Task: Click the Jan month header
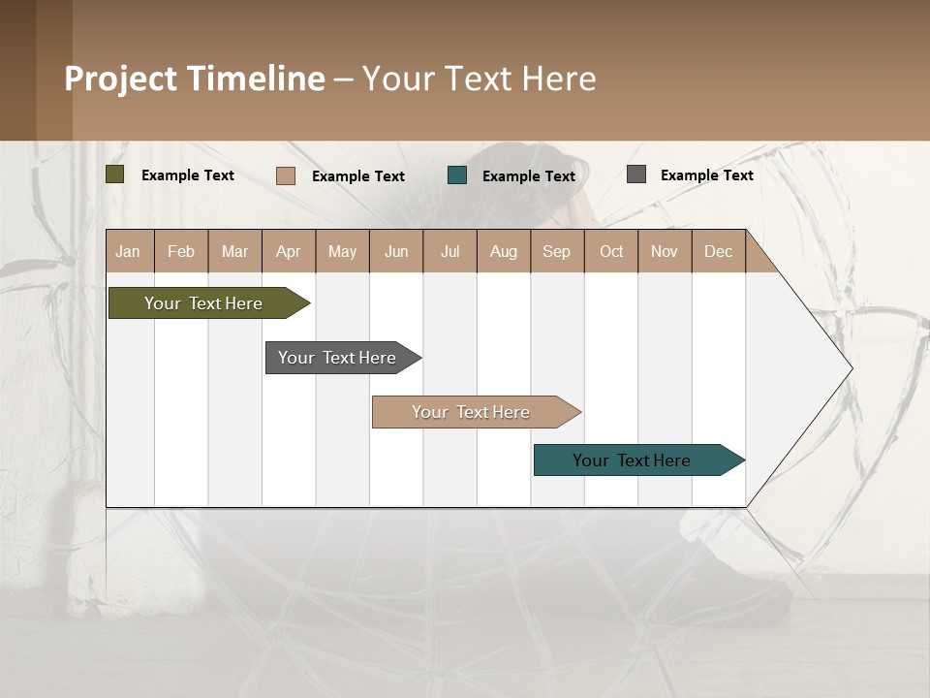point(129,251)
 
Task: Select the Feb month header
point(181,251)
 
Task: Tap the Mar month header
point(234,251)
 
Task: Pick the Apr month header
point(289,251)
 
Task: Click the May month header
point(342,251)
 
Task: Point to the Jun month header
point(396,251)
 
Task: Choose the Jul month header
point(449,251)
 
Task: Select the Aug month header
point(504,251)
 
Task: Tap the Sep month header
point(557,251)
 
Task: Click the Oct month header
point(611,251)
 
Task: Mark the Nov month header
point(665,251)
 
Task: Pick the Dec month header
point(718,251)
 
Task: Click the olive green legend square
point(115,174)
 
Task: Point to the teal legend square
point(457,174)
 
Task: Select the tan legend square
point(286,175)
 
